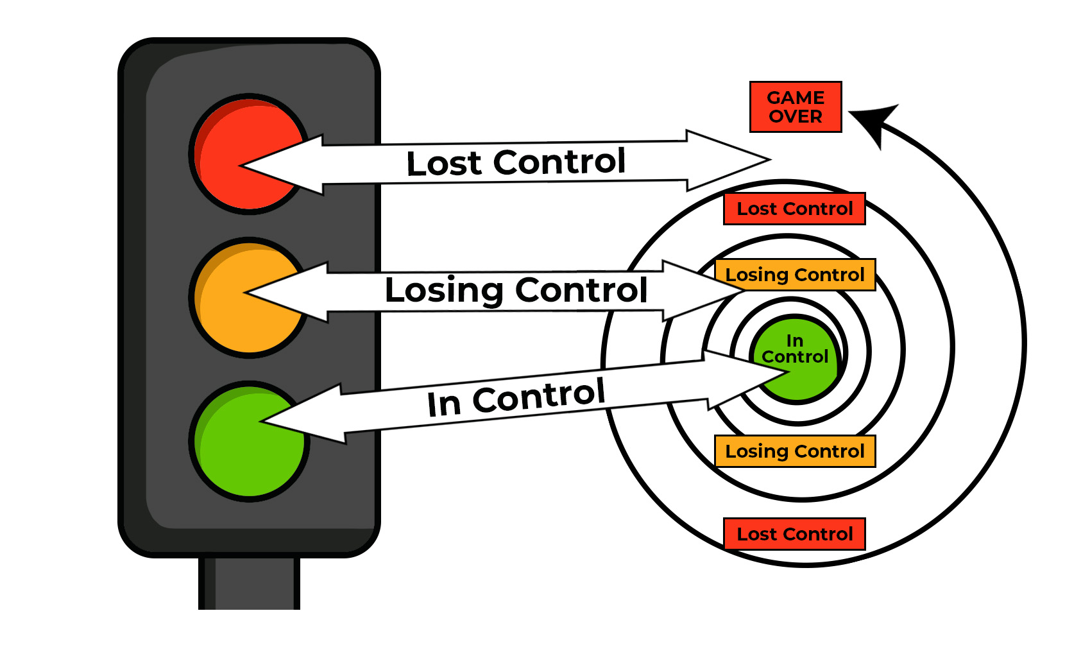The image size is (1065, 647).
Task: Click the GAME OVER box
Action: pyautogui.click(x=796, y=107)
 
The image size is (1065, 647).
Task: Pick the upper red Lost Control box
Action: pyautogui.click(x=794, y=209)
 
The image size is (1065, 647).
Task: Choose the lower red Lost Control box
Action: pyautogui.click(x=794, y=534)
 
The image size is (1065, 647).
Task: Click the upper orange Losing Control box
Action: pyautogui.click(x=794, y=275)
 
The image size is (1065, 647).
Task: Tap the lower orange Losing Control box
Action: pyautogui.click(x=794, y=451)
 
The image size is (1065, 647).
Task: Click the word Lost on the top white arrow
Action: pyautogui.click(x=444, y=163)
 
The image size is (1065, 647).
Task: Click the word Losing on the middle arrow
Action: pyautogui.click(x=444, y=290)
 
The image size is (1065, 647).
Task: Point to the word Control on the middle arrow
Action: pyautogui.click(x=581, y=290)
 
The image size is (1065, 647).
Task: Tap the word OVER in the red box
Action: pyautogui.click(x=796, y=117)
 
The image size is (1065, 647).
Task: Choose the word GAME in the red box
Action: pyautogui.click(x=796, y=98)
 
